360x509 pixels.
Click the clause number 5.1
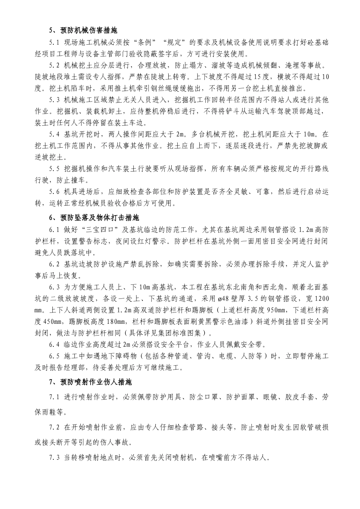pyautogui.click(x=55, y=42)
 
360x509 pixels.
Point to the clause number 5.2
pyautogui.click(x=55, y=66)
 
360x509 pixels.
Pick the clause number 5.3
pyautogui.click(x=55, y=100)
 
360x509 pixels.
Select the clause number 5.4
pyautogui.click(x=55, y=134)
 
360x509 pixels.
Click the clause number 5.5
pyautogui.click(x=55, y=169)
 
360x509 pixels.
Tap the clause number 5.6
pyautogui.click(x=55, y=192)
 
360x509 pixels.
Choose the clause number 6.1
pyautogui.click(x=55, y=230)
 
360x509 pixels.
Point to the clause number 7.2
pyautogui.click(x=55, y=427)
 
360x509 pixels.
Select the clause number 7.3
pyautogui.click(x=55, y=457)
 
